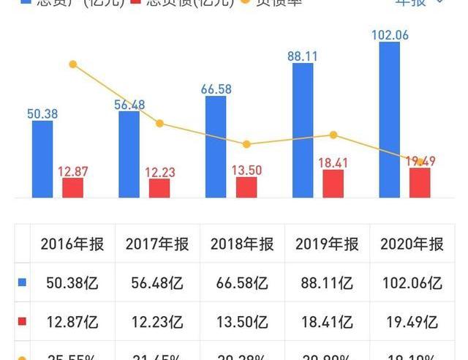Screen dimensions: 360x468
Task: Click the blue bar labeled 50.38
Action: (42, 159)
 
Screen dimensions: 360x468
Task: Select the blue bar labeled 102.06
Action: (390, 119)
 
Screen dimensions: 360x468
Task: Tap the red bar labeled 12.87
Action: (72, 187)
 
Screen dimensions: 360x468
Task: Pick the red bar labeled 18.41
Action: (333, 183)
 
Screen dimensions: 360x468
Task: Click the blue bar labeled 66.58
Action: (216, 146)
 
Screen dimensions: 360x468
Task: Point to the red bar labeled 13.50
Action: (246, 187)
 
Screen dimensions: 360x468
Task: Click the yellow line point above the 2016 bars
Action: (72, 64)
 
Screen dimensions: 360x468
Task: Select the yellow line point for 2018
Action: (246, 144)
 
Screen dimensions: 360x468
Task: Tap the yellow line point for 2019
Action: (333, 135)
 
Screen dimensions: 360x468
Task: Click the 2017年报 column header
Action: (156, 244)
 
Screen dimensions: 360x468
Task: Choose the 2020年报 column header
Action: (412, 244)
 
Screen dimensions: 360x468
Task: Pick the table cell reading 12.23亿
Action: (156, 320)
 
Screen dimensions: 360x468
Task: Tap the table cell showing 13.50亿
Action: (241, 320)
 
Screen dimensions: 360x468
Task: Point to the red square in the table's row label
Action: (22, 320)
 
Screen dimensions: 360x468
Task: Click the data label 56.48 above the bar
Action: (129, 105)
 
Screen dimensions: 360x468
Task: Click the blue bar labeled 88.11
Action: (303, 130)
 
